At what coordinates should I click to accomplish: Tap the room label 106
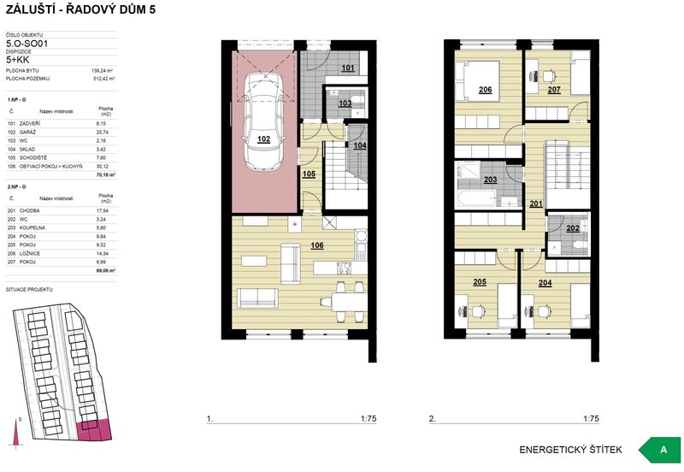(316, 245)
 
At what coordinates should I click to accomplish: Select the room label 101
(347, 68)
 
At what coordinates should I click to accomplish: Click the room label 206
(485, 90)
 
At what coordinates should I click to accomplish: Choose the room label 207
(554, 89)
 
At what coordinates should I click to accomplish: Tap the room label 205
(480, 281)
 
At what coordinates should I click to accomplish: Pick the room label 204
(545, 281)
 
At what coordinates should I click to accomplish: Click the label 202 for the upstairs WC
(572, 228)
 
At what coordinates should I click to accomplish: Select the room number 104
(359, 146)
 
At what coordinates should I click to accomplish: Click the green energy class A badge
(663, 450)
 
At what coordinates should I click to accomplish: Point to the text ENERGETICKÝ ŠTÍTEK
(570, 450)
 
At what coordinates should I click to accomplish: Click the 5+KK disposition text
(19, 61)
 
